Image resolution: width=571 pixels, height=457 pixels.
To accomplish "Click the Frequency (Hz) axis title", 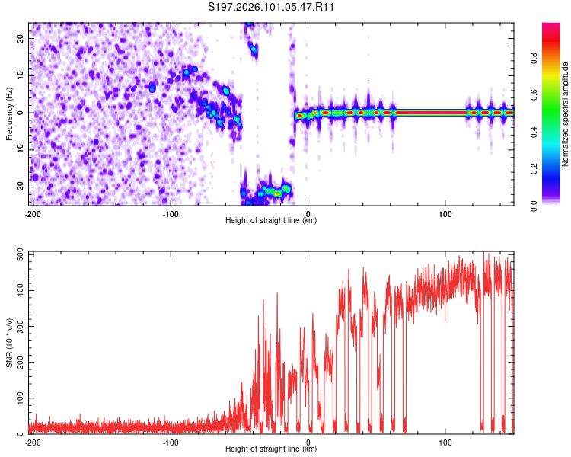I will tap(9, 113).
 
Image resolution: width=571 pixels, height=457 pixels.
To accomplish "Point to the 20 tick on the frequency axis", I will tap(21, 38).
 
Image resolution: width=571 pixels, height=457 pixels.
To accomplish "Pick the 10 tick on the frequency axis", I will tap(21, 75).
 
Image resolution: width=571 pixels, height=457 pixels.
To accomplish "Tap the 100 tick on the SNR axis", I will tap(17, 398).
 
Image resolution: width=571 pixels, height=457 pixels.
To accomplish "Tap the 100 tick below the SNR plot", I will tap(446, 442).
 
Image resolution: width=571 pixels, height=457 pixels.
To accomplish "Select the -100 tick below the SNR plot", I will tap(171, 442).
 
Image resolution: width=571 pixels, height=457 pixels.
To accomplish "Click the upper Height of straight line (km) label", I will tap(271, 221).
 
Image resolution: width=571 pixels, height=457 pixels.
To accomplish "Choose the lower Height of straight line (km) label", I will tap(271, 449).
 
